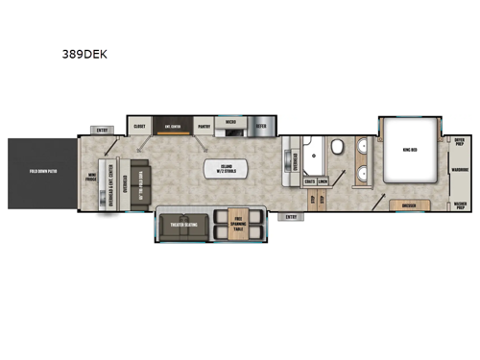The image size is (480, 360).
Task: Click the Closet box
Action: tap(139, 125)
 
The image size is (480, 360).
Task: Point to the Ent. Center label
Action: tap(174, 125)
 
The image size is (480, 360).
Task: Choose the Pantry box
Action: tap(204, 125)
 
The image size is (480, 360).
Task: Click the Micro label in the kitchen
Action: tap(231, 123)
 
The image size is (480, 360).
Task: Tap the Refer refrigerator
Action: tap(262, 125)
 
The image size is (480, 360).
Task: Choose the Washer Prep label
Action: tap(460, 204)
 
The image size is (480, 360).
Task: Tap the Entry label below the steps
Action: tap(292, 216)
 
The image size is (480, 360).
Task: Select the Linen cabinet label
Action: tap(324, 180)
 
